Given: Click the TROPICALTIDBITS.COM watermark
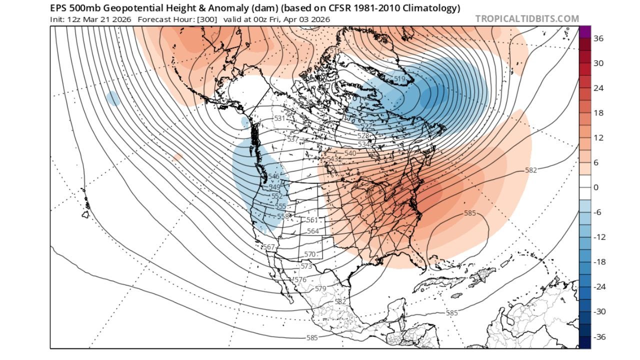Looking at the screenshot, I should pyautogui.click(x=527, y=19).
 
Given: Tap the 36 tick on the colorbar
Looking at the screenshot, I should pyautogui.click(x=598, y=38).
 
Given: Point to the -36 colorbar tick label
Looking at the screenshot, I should pyautogui.click(x=599, y=336).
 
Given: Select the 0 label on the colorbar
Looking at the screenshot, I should pyautogui.click(x=595, y=187).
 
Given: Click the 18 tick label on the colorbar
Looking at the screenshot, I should pyautogui.click(x=598, y=113).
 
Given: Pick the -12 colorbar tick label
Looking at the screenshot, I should pyautogui.click(x=599, y=237).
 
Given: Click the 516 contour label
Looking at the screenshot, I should pyautogui.click(x=335, y=51).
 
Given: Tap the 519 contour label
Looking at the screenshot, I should pyautogui.click(x=399, y=79).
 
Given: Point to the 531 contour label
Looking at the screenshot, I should pyautogui.click(x=279, y=118).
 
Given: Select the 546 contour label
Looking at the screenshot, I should pyautogui.click(x=273, y=176).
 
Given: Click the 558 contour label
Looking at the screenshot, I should pyautogui.click(x=283, y=216).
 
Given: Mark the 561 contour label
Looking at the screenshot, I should pyautogui.click(x=312, y=220).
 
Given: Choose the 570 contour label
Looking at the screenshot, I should pyautogui.click(x=310, y=254).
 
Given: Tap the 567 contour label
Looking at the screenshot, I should pyautogui.click(x=269, y=247).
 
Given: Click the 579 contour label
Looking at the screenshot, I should pyautogui.click(x=320, y=289).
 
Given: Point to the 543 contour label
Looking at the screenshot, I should pyautogui.click(x=332, y=159).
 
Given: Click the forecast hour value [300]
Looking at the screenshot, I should pyautogui.click(x=207, y=19).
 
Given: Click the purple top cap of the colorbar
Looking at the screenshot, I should pyautogui.click(x=584, y=31).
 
